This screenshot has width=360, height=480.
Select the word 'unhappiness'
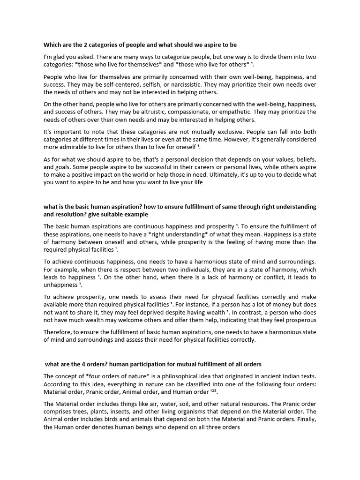pyautogui.click(x=60, y=285)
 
